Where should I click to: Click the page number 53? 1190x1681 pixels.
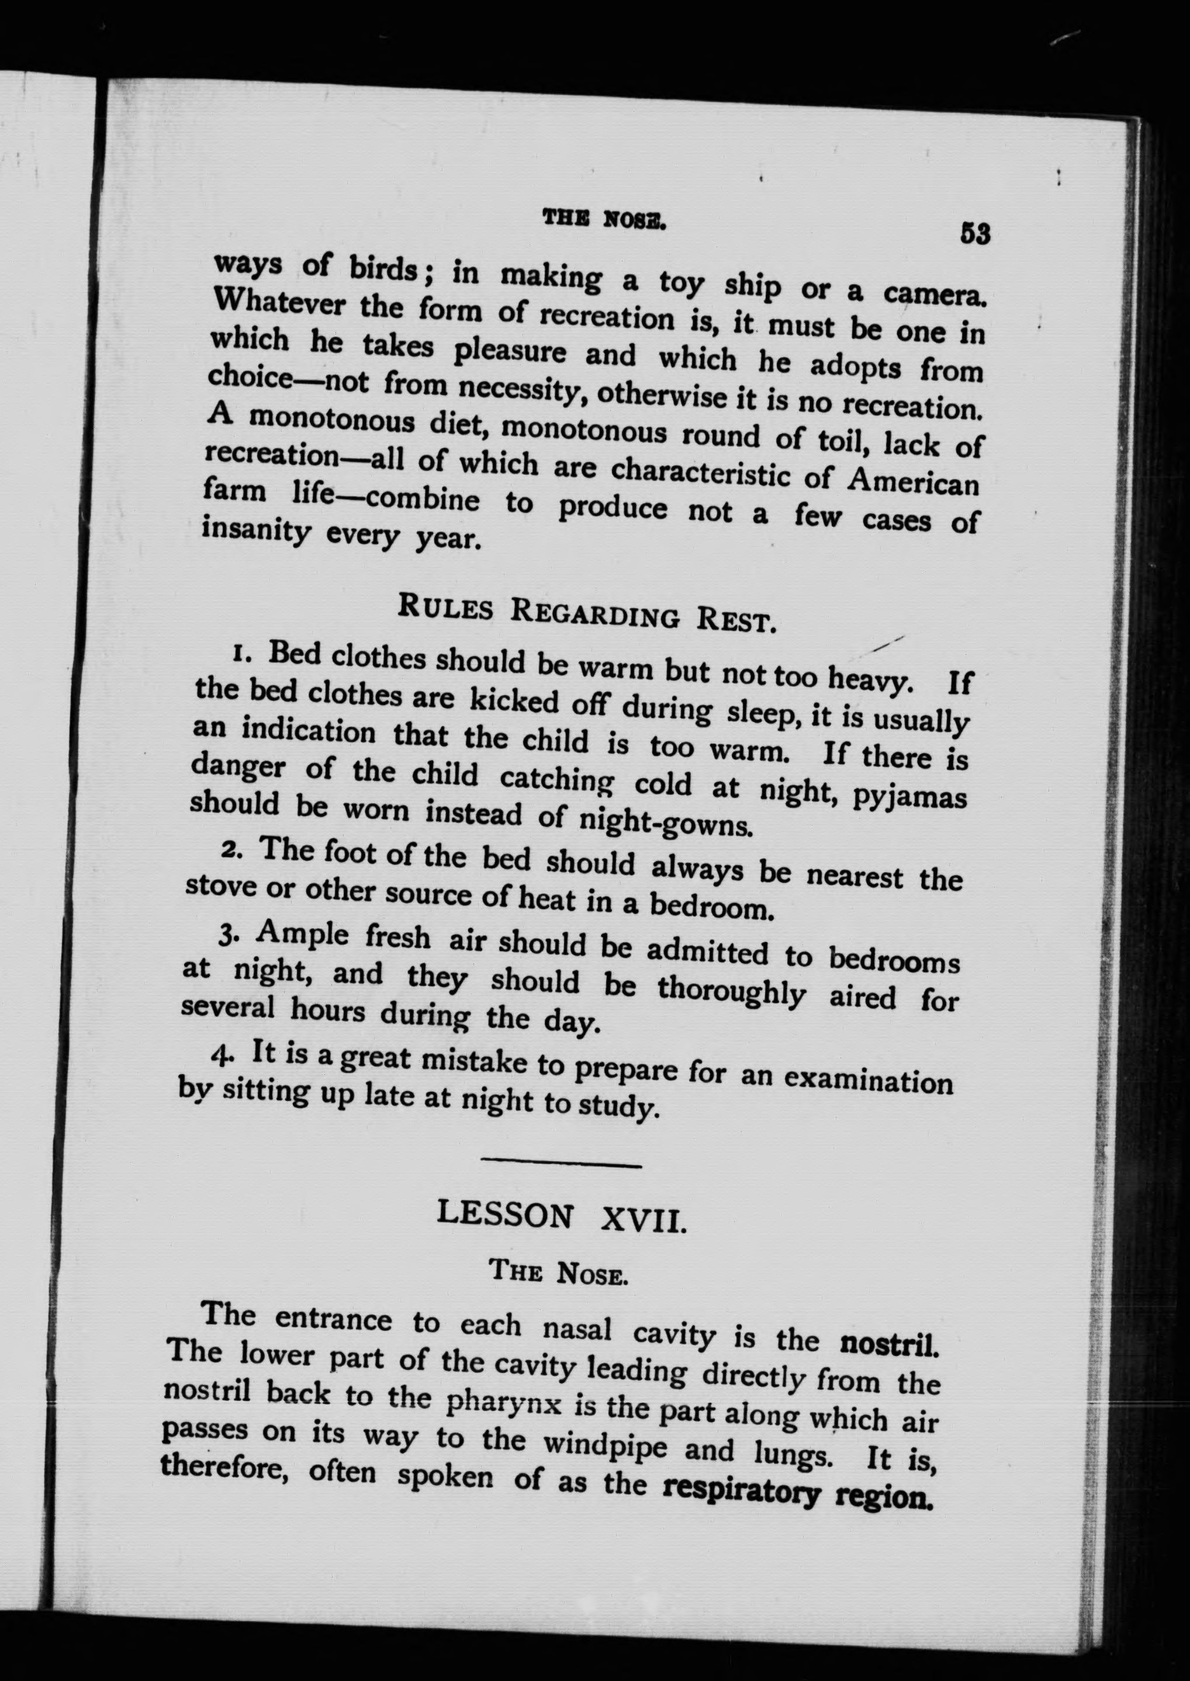pyautogui.click(x=974, y=234)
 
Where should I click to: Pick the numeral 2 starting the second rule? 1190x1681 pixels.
pyautogui.click(x=228, y=851)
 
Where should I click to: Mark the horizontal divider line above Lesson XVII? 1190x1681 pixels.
pyautogui.click(x=561, y=1164)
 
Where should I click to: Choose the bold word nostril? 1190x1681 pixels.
pyautogui.click(x=887, y=1344)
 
